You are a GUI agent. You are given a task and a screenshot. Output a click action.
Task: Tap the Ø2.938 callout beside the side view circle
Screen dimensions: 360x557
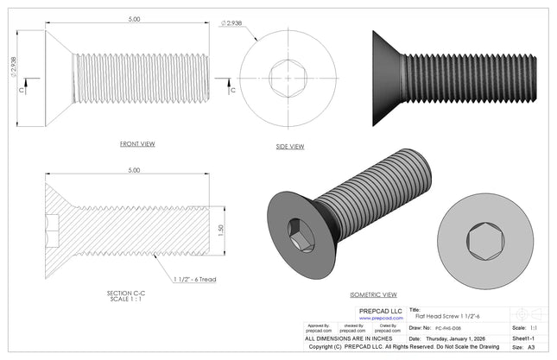click(x=233, y=23)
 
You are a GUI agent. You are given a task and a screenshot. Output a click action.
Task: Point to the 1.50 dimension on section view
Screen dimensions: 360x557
click(x=220, y=231)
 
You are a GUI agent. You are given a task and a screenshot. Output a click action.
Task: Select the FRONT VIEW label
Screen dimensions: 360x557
click(x=137, y=143)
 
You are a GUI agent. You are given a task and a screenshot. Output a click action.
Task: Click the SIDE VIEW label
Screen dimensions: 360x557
click(x=290, y=146)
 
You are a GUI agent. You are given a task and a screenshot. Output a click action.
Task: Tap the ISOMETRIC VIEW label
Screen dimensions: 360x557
click(x=373, y=294)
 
